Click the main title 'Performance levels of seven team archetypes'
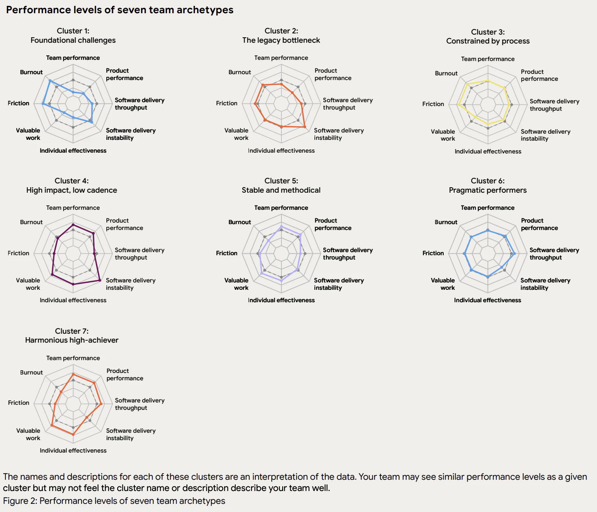[x=120, y=10]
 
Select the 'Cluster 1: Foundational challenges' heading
[x=73, y=35]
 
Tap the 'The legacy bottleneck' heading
[x=281, y=40]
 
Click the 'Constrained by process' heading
[x=488, y=41]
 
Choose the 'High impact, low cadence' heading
[x=71, y=190]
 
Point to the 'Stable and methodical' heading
[x=281, y=190]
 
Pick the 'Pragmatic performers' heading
[x=488, y=190]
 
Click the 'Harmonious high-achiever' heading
[x=72, y=340]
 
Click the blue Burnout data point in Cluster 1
[x=50, y=80]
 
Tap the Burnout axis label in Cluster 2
[x=239, y=72]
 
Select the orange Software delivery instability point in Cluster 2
[x=305, y=127]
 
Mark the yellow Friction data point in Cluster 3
[x=458, y=104]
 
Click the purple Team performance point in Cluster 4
[x=73, y=225]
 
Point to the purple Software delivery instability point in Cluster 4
[x=100, y=280]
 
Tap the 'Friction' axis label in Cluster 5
[x=226, y=253]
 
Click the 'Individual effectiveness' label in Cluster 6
[x=488, y=300]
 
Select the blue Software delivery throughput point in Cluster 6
[x=515, y=254]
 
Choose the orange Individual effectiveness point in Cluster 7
[x=73, y=434]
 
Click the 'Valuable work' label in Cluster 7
[x=28, y=434]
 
